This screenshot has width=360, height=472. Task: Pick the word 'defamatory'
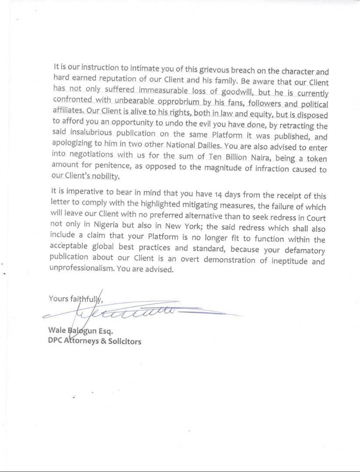coord(303,250)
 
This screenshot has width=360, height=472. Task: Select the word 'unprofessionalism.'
coord(82,270)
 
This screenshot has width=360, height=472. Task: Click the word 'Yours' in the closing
coord(58,298)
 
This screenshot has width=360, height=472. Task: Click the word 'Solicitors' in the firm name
coord(125,341)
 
